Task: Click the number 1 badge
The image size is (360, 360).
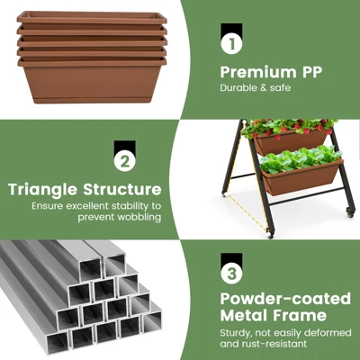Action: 231,44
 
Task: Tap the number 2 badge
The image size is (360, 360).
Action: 125,162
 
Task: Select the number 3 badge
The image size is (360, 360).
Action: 231,274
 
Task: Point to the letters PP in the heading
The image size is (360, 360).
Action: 311,72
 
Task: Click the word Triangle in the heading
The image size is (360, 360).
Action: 43,189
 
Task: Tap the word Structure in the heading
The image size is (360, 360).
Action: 122,189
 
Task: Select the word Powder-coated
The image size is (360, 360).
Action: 285,299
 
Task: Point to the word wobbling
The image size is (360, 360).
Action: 139,217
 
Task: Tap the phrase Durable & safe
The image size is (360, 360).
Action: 256,88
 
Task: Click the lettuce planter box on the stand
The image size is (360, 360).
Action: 301,177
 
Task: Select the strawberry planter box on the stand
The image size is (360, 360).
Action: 291,142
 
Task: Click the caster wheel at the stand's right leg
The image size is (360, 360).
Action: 350,212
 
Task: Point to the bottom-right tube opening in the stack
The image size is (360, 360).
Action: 152,322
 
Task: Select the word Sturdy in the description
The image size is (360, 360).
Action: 236,333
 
